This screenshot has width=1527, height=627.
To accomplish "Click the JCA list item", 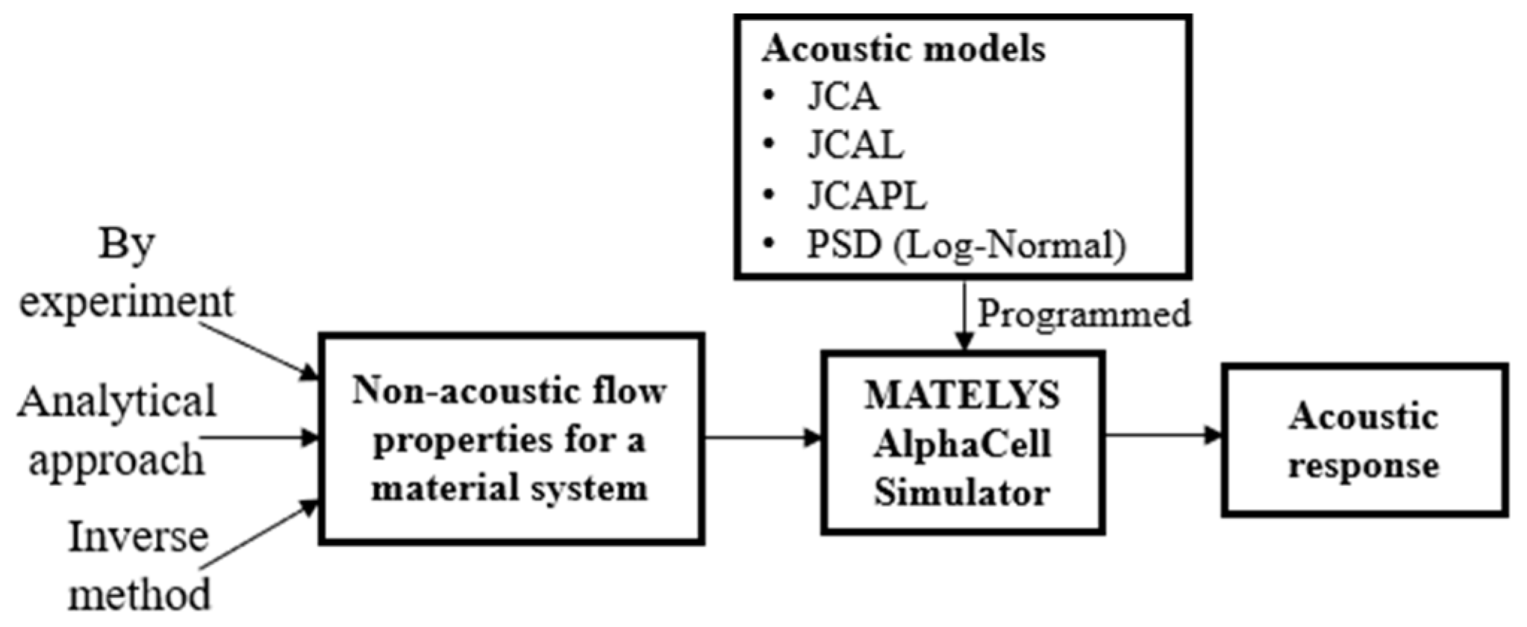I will click(843, 97).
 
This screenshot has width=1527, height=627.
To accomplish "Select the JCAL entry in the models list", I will click(855, 146).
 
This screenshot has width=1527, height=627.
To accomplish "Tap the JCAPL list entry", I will click(866, 196).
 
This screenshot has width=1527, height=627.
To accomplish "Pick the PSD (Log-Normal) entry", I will click(966, 245).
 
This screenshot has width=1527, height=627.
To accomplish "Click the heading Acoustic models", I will click(903, 49).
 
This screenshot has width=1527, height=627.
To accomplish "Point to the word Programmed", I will click(1084, 313).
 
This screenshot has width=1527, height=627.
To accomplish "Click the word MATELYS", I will click(962, 395).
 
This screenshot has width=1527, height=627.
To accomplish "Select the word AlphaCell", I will click(962, 443).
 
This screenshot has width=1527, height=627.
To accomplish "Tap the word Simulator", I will click(962, 493).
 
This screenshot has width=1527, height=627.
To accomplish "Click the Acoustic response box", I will click(1364, 440).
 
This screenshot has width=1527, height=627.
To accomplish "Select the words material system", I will click(510, 489).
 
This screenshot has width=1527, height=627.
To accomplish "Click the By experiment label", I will click(125, 274).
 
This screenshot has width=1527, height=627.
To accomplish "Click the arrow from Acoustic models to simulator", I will click(964, 313).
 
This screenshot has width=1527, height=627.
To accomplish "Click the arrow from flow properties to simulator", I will click(761, 437).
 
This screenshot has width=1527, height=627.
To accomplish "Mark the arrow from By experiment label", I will click(257, 348).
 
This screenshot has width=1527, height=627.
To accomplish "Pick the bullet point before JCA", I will click(769, 96).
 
